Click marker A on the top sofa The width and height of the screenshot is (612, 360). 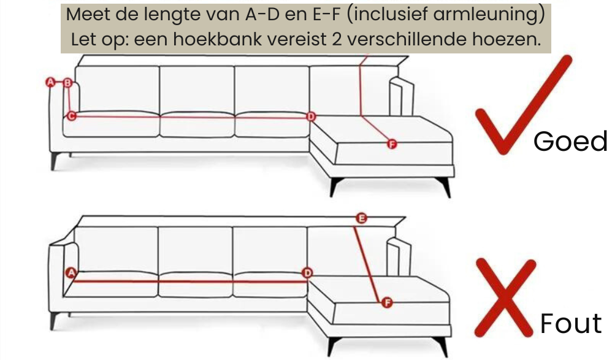(x=50, y=82)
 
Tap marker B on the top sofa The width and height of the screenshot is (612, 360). (x=67, y=83)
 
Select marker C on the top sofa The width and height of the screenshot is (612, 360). (x=71, y=116)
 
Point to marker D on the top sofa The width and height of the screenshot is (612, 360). (x=311, y=117)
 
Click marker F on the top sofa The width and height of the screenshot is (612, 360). (x=391, y=145)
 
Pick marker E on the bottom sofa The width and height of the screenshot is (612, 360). (x=361, y=218)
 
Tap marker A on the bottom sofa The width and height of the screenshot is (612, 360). (x=71, y=272)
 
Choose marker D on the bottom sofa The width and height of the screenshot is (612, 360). (x=308, y=273)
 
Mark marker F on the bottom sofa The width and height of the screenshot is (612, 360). (x=387, y=302)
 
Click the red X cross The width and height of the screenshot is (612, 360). (x=505, y=297)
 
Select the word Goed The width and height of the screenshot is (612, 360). (x=570, y=141)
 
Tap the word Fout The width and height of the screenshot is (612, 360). (x=571, y=323)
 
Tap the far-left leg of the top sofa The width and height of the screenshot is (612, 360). (x=55, y=161)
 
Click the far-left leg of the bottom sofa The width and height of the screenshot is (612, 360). (x=54, y=321)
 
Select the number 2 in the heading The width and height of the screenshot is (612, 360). (x=337, y=39)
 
